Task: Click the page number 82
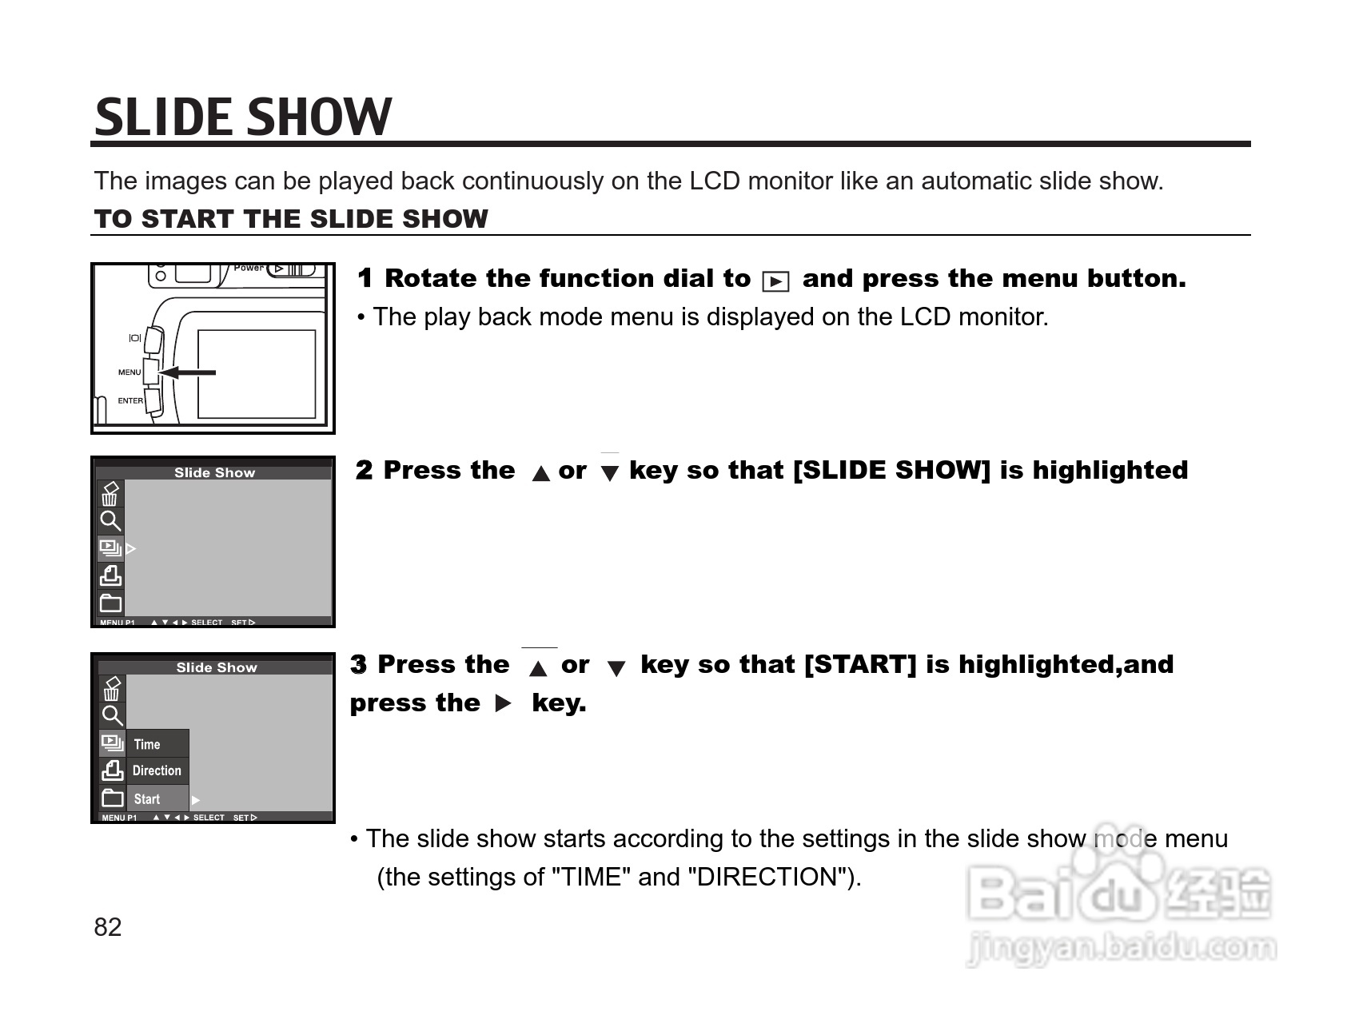[108, 927]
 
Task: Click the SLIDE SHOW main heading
[243, 117]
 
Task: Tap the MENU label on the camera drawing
[130, 372]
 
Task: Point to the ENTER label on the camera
[130, 401]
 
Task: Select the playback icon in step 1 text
[775, 281]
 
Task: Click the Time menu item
[147, 745]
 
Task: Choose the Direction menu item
[157, 771]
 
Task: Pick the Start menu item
[147, 799]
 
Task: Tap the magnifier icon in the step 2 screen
[110, 521]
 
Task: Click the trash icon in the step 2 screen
[110, 494]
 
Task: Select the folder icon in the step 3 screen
[113, 798]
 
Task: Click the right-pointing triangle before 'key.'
[503, 704]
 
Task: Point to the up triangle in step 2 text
[541, 473]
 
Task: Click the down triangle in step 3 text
[616, 668]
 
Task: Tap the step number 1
[365, 278]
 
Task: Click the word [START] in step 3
[860, 665]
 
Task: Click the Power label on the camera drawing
[249, 268]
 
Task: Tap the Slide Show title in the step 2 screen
[215, 472]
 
